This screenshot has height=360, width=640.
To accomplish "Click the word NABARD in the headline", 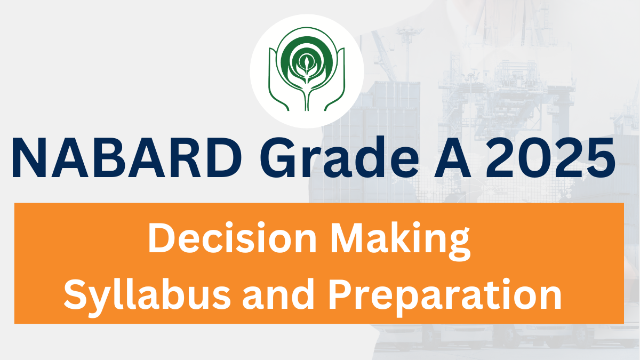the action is point(126,157).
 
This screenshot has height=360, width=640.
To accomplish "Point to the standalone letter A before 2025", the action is point(452,157).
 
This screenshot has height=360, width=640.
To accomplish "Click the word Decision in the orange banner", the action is point(233,237).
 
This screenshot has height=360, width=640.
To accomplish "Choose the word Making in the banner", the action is point(401,241).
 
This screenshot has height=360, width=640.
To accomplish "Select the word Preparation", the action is point(445,297).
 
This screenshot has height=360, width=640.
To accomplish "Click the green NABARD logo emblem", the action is point(307,69).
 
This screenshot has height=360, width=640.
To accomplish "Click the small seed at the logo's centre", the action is point(307,61).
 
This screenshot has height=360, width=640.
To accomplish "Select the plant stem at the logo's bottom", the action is point(307,97).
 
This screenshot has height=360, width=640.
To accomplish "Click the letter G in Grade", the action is point(278,157).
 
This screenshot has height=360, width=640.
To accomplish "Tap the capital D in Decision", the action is point(162,237).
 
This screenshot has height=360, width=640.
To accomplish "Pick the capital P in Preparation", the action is point(342,294).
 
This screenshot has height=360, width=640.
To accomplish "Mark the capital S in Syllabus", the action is point(76,294).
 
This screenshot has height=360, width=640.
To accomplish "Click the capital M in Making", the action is point(348,237).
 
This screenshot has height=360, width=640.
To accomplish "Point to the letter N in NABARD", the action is point(29,157).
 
